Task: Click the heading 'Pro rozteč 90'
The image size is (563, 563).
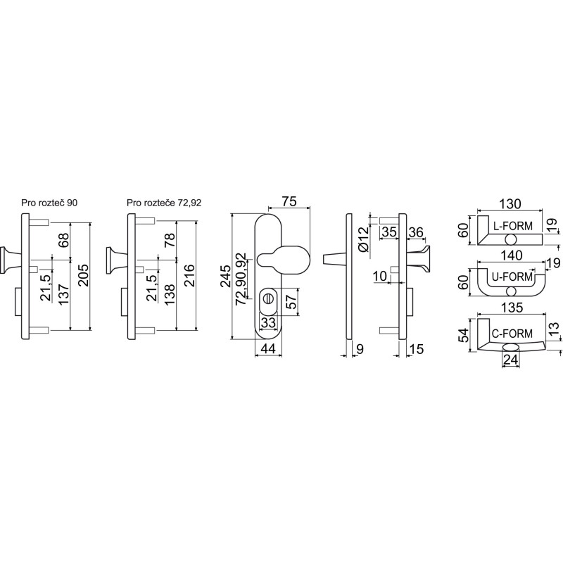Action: pos(49,203)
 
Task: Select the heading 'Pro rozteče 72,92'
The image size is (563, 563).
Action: pos(164,203)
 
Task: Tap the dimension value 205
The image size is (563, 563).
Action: pos(83,276)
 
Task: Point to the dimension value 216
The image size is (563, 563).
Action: pos(189,276)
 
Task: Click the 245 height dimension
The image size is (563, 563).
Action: pos(225,276)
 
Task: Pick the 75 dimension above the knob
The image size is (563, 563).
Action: pos(289,201)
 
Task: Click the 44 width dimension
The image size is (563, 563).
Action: pos(268,348)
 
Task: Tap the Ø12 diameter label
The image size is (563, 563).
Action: pos(363,239)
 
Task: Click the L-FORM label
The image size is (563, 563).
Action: pos(512,226)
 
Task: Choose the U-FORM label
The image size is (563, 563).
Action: pos(512,277)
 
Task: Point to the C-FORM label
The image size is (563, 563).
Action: pos(512,334)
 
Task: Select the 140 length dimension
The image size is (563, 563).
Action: pos(512,255)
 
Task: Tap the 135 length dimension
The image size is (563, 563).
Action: pos(512,308)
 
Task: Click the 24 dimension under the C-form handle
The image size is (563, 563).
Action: pos(510,360)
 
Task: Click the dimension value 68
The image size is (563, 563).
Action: pos(63,240)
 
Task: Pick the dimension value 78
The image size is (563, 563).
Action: pos(170,240)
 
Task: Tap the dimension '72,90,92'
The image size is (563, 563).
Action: pos(241,279)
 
